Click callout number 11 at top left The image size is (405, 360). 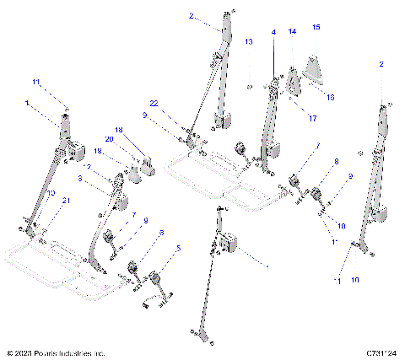point(35,82)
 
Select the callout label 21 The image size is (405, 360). point(42,199)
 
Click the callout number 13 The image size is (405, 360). point(248,40)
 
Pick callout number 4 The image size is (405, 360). point(273,32)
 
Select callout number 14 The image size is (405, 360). point(292,31)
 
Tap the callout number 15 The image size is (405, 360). point(316,28)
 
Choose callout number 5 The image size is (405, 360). point(178,249)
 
